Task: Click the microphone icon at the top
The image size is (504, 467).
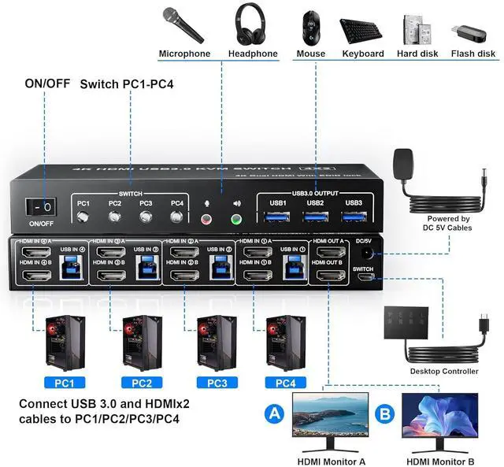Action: coord(183,25)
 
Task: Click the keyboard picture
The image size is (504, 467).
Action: coord(362,29)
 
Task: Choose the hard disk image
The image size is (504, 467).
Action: coord(418,28)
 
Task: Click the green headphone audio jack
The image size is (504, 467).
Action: coord(235,221)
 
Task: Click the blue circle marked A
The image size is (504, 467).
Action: coord(274,412)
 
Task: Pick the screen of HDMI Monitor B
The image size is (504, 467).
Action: coord(439,417)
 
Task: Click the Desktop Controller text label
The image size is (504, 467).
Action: coord(443,371)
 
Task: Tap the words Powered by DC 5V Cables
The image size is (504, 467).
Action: coord(449,224)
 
